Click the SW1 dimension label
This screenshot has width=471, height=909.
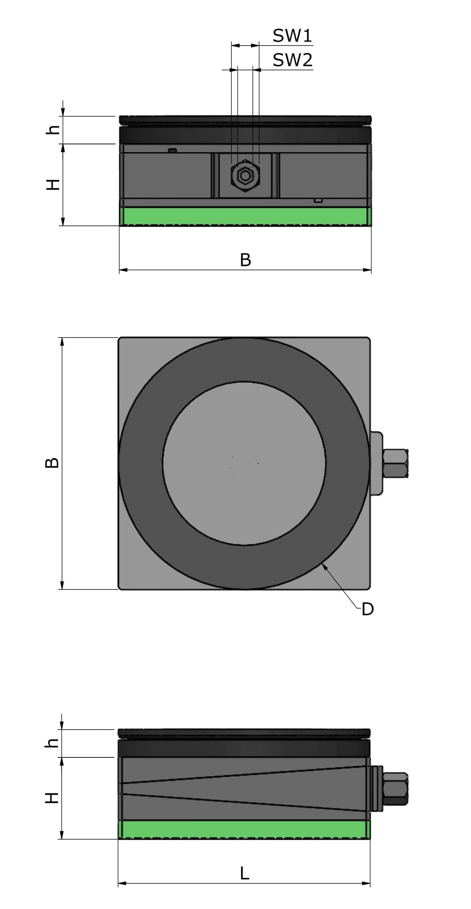click(x=292, y=36)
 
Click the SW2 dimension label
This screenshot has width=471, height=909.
click(x=292, y=60)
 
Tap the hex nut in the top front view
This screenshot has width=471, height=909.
click(x=245, y=175)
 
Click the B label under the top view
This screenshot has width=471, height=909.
click(x=245, y=260)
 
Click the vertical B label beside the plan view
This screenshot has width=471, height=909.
click(x=52, y=463)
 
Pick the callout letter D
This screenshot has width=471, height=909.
click(x=367, y=609)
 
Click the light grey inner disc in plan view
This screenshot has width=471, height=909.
click(x=244, y=463)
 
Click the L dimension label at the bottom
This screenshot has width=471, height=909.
click(x=245, y=873)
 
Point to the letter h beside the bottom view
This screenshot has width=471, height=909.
click(x=52, y=743)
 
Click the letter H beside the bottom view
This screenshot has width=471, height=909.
click(x=52, y=798)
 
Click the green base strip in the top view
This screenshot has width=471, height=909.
click(x=245, y=216)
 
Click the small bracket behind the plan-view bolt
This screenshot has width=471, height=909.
click(x=376, y=463)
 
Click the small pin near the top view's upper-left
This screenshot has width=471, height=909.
click(x=172, y=151)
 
